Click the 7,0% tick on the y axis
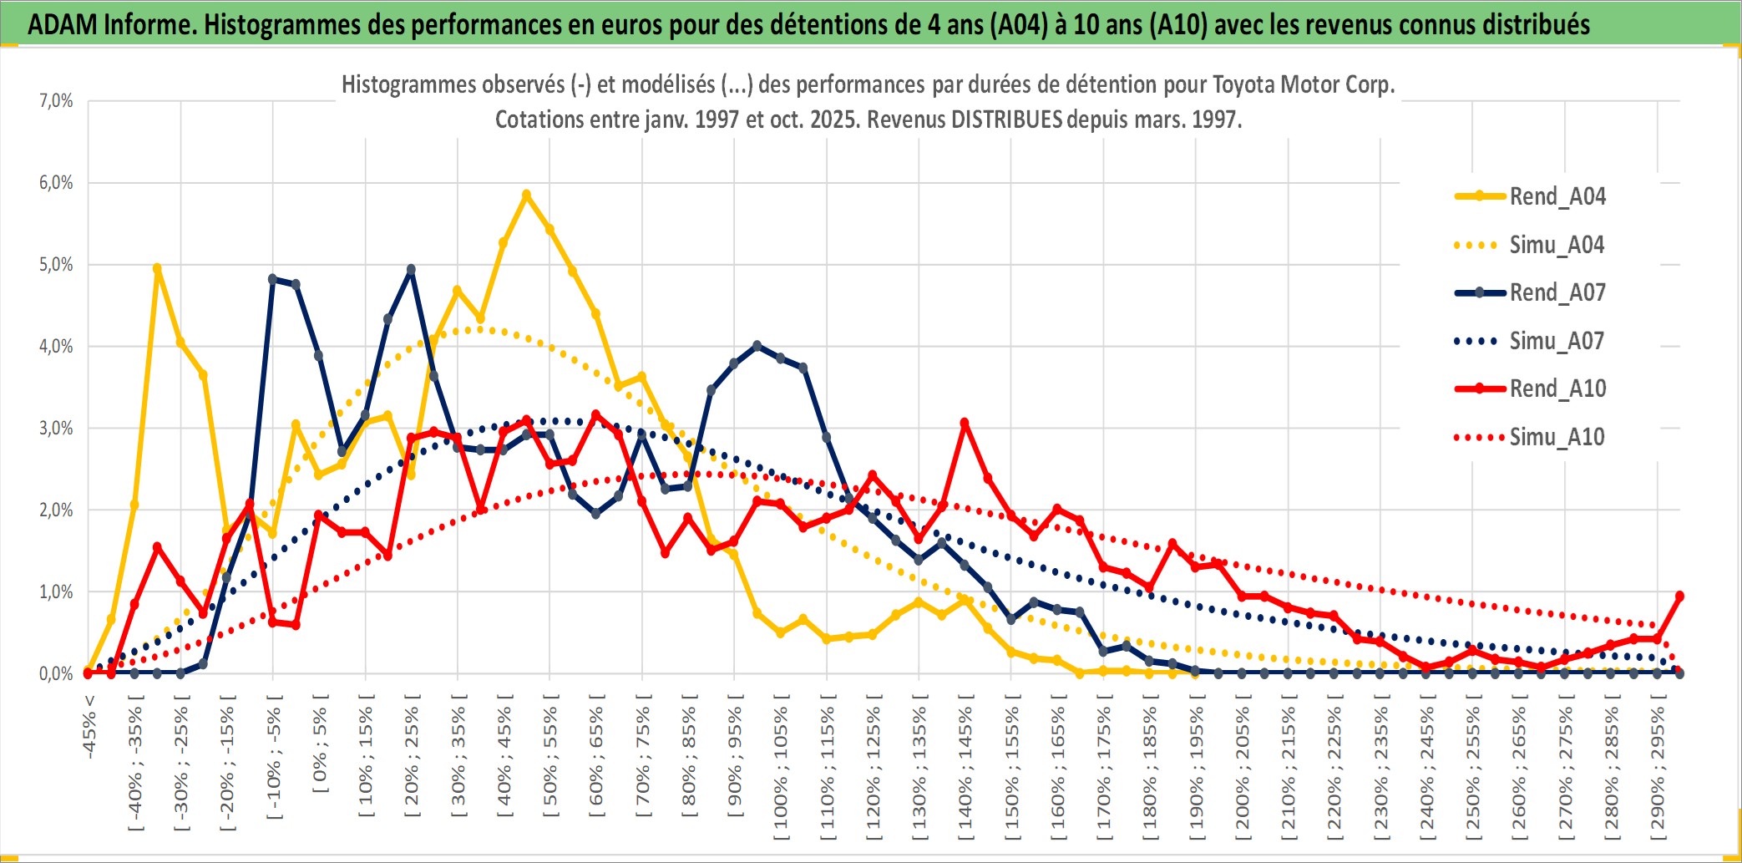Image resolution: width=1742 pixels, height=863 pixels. point(56,101)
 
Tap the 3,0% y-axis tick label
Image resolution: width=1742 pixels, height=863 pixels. point(56,429)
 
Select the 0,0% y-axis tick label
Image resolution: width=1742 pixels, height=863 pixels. point(56,673)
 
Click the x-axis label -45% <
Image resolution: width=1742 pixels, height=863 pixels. point(89,727)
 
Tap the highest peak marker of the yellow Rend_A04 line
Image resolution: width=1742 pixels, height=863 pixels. point(526,195)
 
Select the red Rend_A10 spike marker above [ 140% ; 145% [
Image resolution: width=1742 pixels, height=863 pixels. point(965,423)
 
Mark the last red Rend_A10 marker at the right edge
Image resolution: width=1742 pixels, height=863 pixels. point(1679,596)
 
